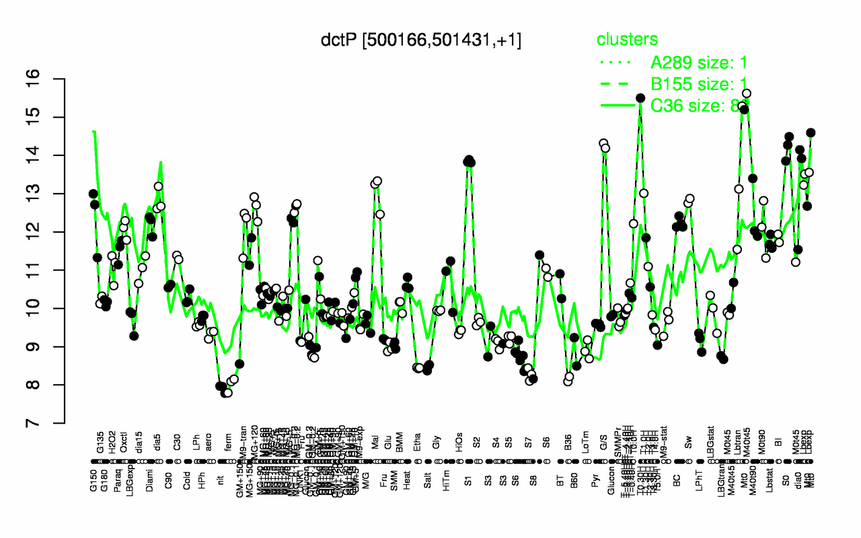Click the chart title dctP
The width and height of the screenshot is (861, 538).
tap(421, 40)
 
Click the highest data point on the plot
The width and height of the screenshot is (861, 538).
tap(746, 93)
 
